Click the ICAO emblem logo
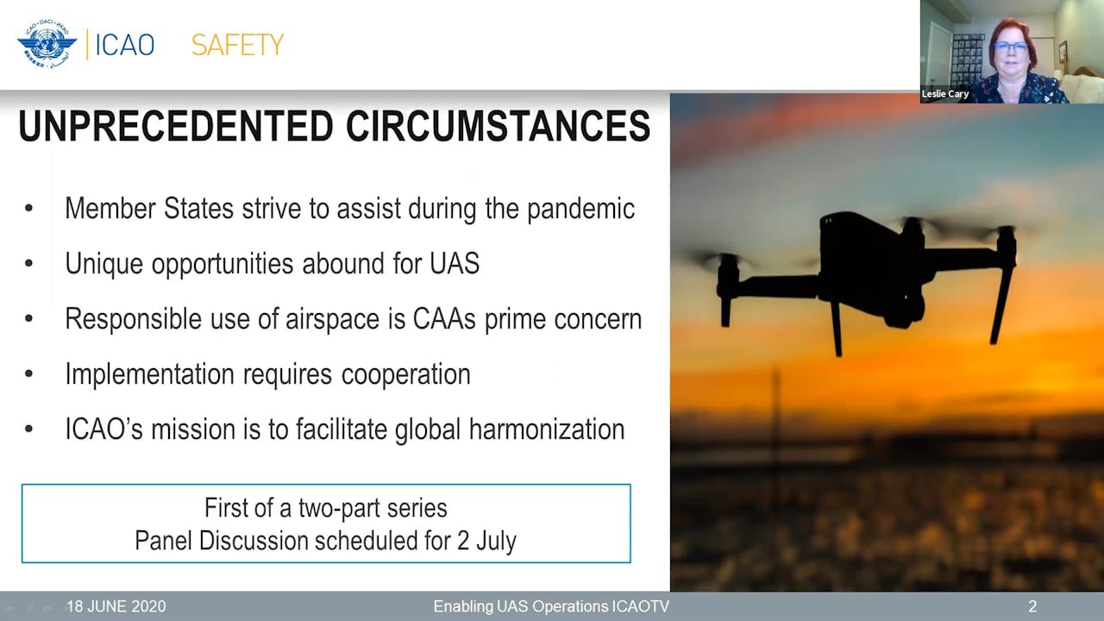[47, 43]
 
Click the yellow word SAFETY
[237, 45]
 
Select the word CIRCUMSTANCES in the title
[498, 127]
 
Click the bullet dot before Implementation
[29, 373]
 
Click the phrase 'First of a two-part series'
[325, 508]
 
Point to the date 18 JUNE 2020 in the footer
[116, 606]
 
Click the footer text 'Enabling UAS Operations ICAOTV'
[551, 606]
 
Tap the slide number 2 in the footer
[1032, 606]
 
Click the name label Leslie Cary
[945, 94]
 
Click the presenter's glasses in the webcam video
[1010, 47]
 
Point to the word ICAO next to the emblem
[124, 45]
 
